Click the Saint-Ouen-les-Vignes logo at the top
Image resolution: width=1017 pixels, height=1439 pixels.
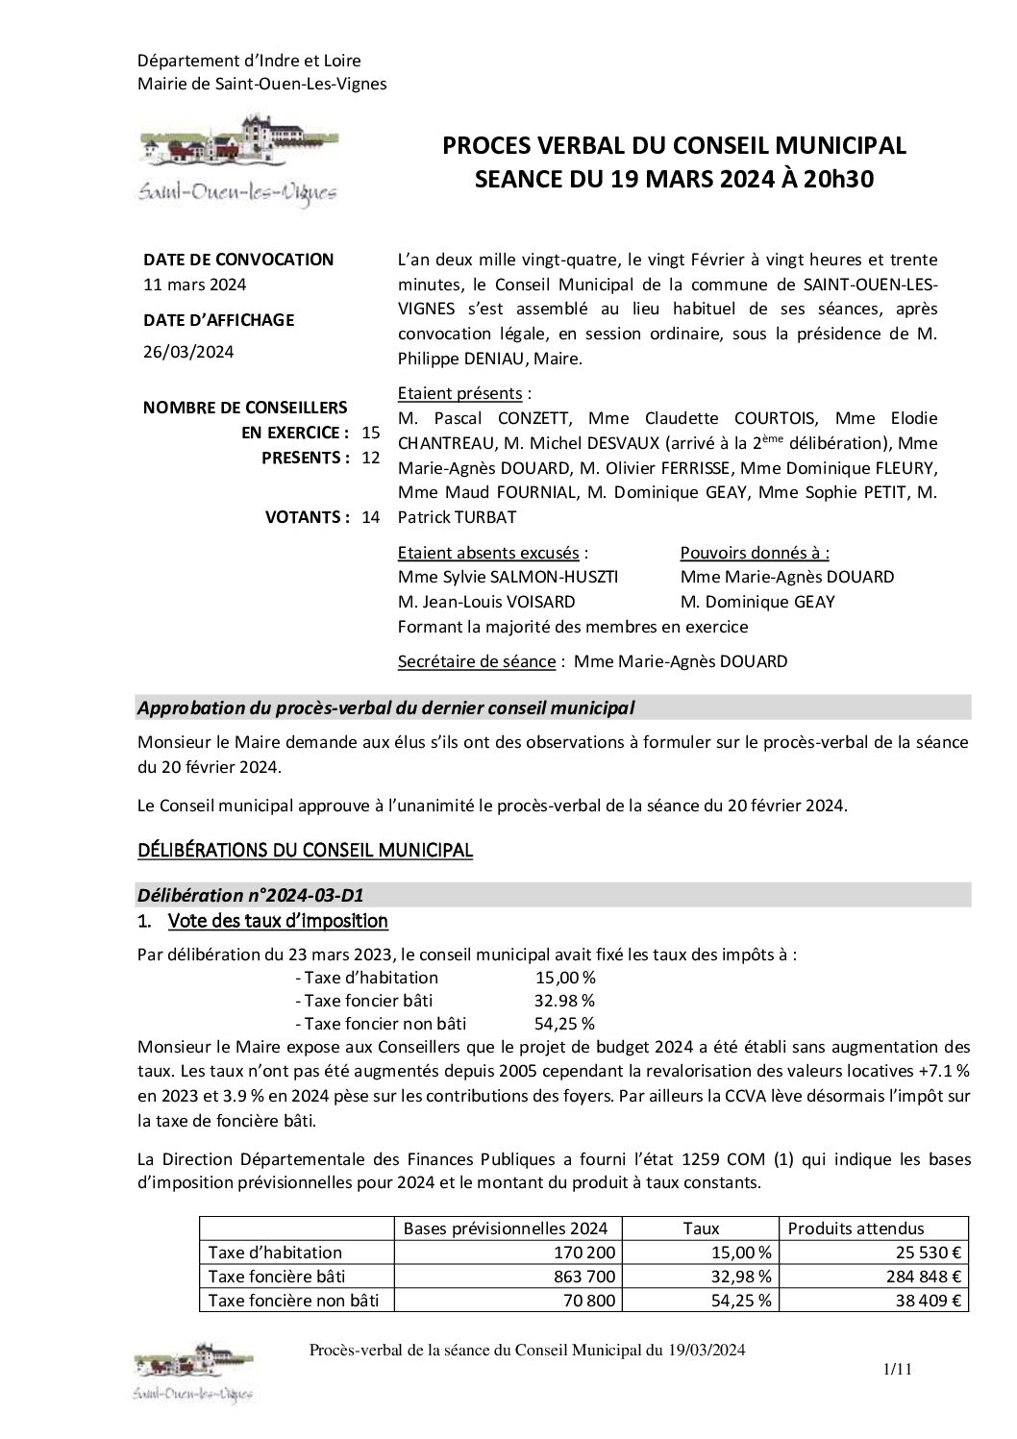[237, 159]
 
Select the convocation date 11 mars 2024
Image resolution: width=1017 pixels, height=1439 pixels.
[194, 285]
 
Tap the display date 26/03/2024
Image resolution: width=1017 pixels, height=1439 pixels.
[188, 352]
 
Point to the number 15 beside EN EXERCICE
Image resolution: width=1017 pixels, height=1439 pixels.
[370, 433]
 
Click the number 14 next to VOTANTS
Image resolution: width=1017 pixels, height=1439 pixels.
[370, 517]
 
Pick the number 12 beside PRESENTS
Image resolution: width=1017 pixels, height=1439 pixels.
[370, 458]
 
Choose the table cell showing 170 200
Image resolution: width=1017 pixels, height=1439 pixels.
[587, 1253]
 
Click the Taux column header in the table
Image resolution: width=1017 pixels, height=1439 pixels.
[701, 1228]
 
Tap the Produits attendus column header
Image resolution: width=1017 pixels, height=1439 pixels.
[856, 1228]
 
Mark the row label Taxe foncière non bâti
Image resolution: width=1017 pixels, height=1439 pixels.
[293, 1301]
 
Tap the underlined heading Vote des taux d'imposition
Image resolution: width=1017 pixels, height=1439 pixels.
[278, 922]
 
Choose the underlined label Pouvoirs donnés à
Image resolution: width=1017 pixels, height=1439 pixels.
[755, 553]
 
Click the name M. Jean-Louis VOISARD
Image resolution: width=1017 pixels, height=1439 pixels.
[485, 602]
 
